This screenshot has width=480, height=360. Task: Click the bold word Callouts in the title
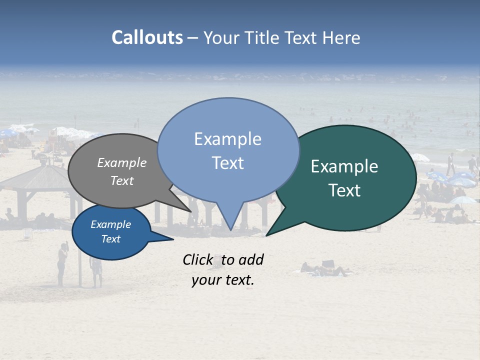pyautogui.click(x=147, y=37)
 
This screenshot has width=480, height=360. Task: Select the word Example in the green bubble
pyautogui.click(x=344, y=166)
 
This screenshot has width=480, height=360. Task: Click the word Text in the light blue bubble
pyautogui.click(x=228, y=163)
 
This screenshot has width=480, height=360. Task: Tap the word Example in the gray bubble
pyautogui.click(x=122, y=162)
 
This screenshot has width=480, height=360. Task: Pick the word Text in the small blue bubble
pyautogui.click(x=111, y=239)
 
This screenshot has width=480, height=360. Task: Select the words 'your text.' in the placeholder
pyautogui.click(x=223, y=280)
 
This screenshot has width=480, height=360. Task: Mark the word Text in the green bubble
pyautogui.click(x=345, y=190)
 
